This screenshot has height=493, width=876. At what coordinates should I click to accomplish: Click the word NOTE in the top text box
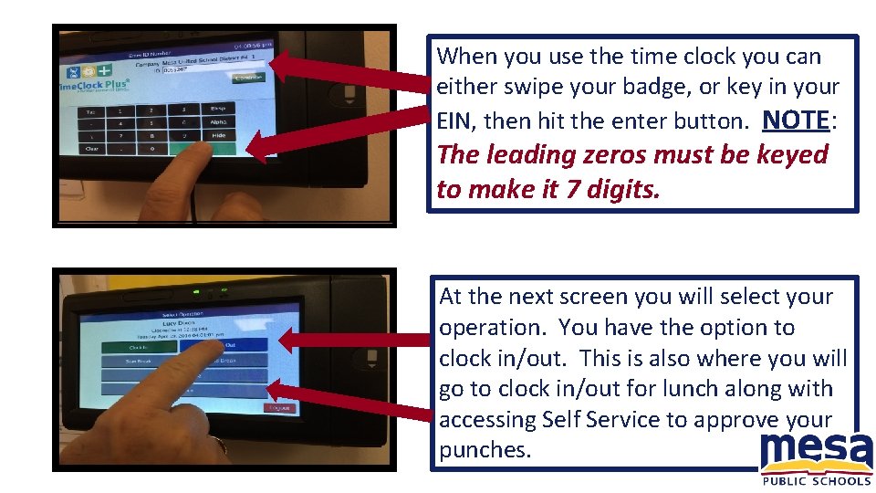[x=795, y=120]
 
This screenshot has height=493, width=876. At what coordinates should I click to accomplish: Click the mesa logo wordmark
[x=816, y=454]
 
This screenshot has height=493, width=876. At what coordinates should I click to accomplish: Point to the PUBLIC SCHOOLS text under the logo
[x=816, y=481]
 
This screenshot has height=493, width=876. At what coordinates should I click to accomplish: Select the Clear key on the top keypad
[x=92, y=148]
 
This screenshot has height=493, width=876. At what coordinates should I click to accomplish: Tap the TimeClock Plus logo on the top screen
[x=91, y=79]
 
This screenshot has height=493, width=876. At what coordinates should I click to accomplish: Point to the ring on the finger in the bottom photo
[x=219, y=445]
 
